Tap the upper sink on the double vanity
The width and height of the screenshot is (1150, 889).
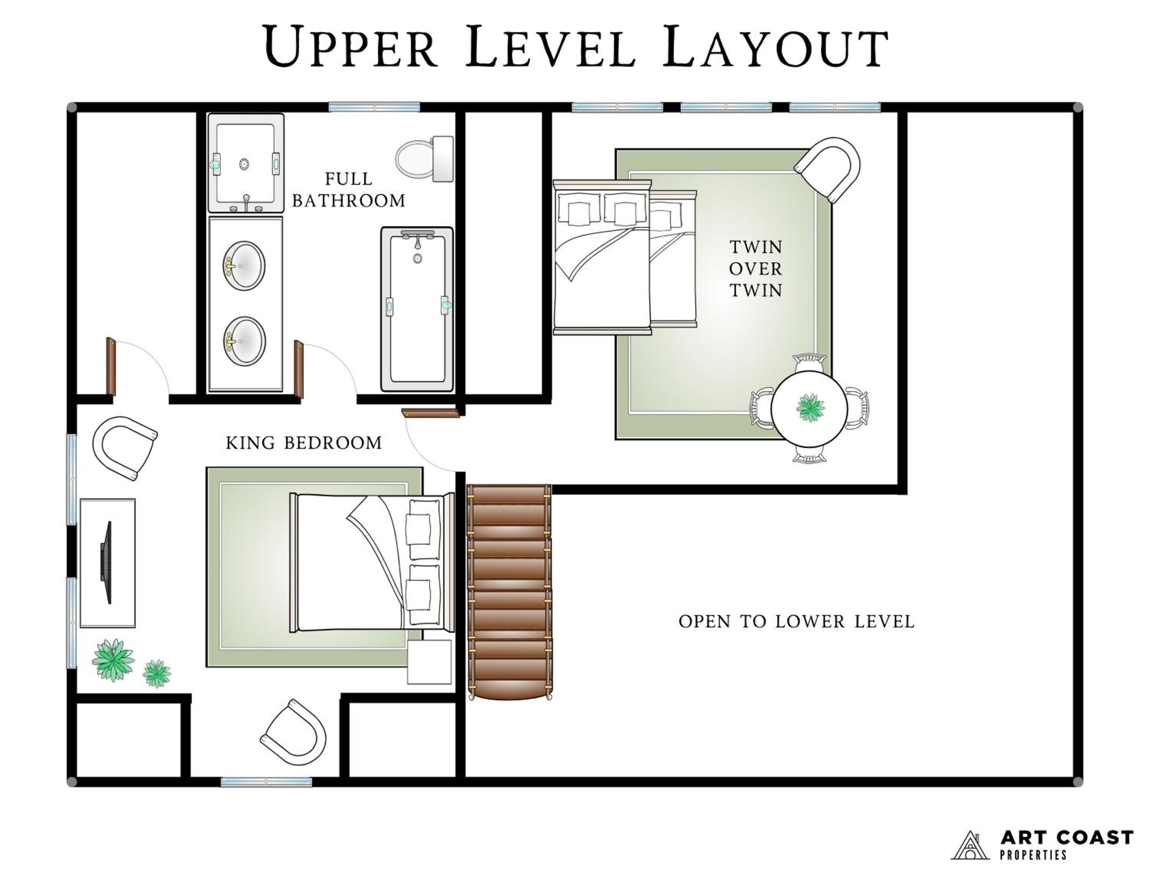tap(244, 266)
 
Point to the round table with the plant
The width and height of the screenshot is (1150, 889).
tap(809, 408)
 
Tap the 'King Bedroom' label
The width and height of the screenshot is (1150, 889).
tap(304, 443)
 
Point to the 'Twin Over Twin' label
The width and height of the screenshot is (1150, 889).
tap(756, 268)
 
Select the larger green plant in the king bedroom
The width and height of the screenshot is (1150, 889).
tap(113, 660)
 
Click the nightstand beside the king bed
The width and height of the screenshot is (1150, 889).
tap(430, 662)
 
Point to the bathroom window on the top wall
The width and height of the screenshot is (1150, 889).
tap(375, 107)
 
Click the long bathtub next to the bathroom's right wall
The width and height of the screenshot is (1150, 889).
tap(417, 309)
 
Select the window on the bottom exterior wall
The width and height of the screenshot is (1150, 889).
tap(266, 782)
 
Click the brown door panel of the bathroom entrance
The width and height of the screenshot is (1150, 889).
tap(299, 369)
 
